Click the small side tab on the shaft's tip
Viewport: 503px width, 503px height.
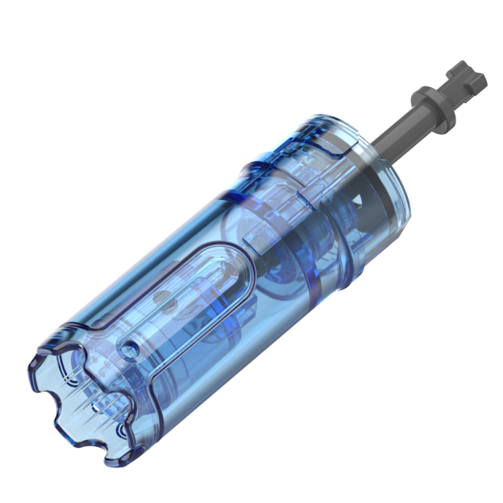point(481,81)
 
